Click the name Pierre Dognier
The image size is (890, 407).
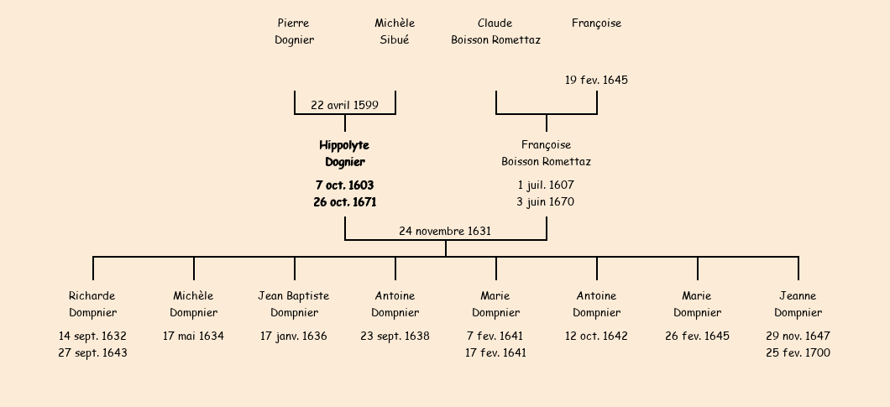(x=294, y=31)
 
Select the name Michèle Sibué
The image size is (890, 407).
(x=395, y=31)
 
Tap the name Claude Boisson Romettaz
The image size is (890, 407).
(x=495, y=31)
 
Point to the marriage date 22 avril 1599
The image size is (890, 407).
(x=344, y=105)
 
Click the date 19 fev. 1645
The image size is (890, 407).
(x=596, y=81)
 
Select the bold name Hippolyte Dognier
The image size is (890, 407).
(x=344, y=154)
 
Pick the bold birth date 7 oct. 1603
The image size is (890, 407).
(x=344, y=185)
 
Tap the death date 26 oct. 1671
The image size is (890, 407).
(x=344, y=201)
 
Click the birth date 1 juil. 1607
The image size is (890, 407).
(x=546, y=185)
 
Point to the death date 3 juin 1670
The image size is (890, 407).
(x=546, y=201)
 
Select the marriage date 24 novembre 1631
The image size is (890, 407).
(x=445, y=231)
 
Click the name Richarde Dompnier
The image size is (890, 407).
(x=92, y=304)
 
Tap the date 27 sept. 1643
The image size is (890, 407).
(x=92, y=352)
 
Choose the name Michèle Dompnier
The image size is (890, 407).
(x=193, y=304)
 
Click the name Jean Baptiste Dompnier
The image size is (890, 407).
(x=294, y=304)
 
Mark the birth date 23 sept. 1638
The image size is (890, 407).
(x=395, y=336)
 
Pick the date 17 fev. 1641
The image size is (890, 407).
(x=495, y=352)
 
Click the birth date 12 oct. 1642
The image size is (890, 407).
(x=596, y=336)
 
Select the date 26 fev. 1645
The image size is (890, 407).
(x=697, y=336)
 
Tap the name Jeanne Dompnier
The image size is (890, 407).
(x=798, y=304)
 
